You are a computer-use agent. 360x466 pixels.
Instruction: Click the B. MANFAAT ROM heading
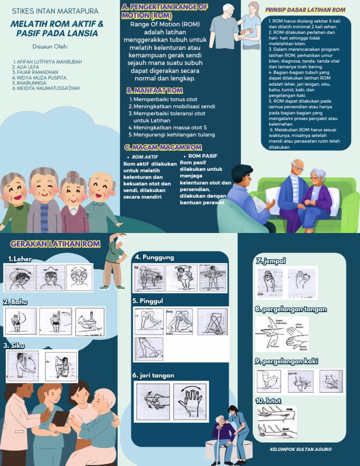pyautogui.click(x=154, y=90)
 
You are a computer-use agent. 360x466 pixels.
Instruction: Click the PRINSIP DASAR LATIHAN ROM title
pyautogui.click(x=305, y=10)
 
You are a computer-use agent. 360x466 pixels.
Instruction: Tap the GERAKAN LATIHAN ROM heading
pyautogui.click(x=55, y=244)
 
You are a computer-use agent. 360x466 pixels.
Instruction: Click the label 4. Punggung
pyautogui.click(x=154, y=257)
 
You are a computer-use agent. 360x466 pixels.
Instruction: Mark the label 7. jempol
pyautogui.click(x=270, y=261)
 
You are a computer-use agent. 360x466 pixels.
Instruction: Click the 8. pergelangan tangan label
pyautogui.click(x=291, y=309)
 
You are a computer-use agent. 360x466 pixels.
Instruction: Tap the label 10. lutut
pyautogui.click(x=268, y=400)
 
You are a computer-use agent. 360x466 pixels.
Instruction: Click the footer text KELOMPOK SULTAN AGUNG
pyautogui.click(x=301, y=449)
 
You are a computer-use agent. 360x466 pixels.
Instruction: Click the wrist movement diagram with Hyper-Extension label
pyautogui.click(x=281, y=334)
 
